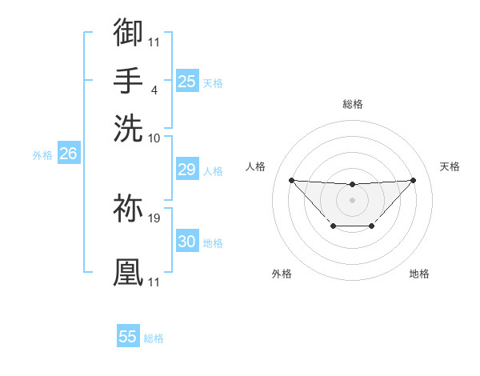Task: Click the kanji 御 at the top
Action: pos(128,33)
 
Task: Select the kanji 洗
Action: pos(128,127)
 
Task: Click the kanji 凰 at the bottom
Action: pos(128,272)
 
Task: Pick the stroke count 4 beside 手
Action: pos(154,90)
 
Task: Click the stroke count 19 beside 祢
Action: pos(154,217)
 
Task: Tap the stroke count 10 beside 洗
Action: pos(154,138)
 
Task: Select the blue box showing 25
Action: pos(186,81)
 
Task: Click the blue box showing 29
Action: pos(186,170)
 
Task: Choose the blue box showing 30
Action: pos(186,242)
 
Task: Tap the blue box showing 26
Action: pos(68,154)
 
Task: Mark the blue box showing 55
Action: pos(128,337)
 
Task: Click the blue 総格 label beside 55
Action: pos(154,338)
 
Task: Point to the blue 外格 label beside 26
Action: pos(42,155)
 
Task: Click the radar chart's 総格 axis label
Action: pos(352,104)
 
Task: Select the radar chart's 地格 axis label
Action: pos(419,274)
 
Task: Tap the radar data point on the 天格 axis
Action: pos(413,180)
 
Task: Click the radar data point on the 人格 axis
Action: pos(291,180)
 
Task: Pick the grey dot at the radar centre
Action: pos(352,199)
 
